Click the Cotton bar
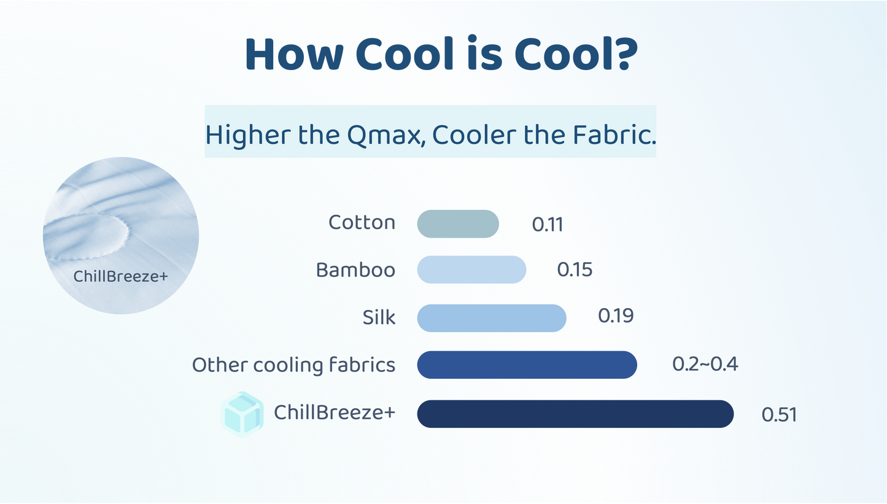pyautogui.click(x=458, y=223)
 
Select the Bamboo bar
pyautogui.click(x=471, y=269)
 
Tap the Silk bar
pyautogui.click(x=491, y=318)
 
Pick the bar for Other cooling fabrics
pyautogui.click(x=527, y=365)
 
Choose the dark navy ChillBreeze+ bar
pyautogui.click(x=575, y=413)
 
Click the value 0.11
pyautogui.click(x=548, y=225)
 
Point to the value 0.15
pyautogui.click(x=575, y=269)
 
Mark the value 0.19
pyautogui.click(x=616, y=316)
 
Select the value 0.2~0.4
pyautogui.click(x=705, y=364)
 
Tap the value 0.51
pyautogui.click(x=779, y=414)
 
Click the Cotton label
pyautogui.click(x=362, y=222)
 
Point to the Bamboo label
pyautogui.click(x=355, y=269)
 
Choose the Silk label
pyautogui.click(x=379, y=318)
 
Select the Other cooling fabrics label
pyautogui.click(x=293, y=365)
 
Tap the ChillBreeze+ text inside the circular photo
pyautogui.click(x=120, y=276)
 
